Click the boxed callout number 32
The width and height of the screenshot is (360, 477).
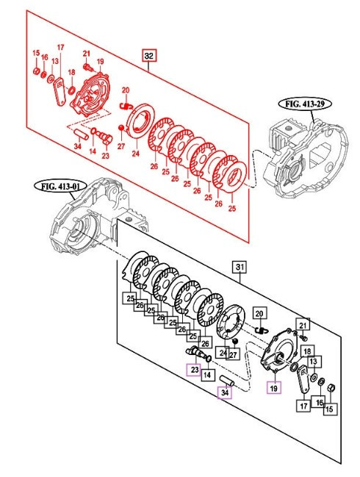coord(149,56)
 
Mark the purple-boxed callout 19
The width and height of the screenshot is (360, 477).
coord(273,387)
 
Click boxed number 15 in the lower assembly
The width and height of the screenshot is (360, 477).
coord(329,409)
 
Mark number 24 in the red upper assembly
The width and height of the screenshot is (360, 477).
coord(135,154)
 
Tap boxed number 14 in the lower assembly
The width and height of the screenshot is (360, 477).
coord(207,376)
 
